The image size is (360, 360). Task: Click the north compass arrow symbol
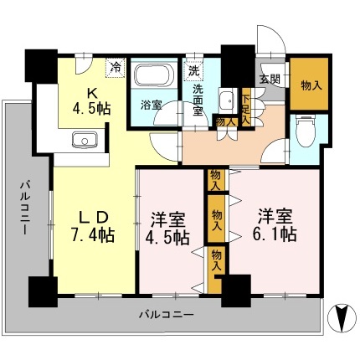tap(342, 319)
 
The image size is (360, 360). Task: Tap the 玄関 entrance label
tap(270, 80)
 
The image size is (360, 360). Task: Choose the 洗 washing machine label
tap(193, 69)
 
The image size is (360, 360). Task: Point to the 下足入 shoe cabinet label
tap(245, 107)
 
